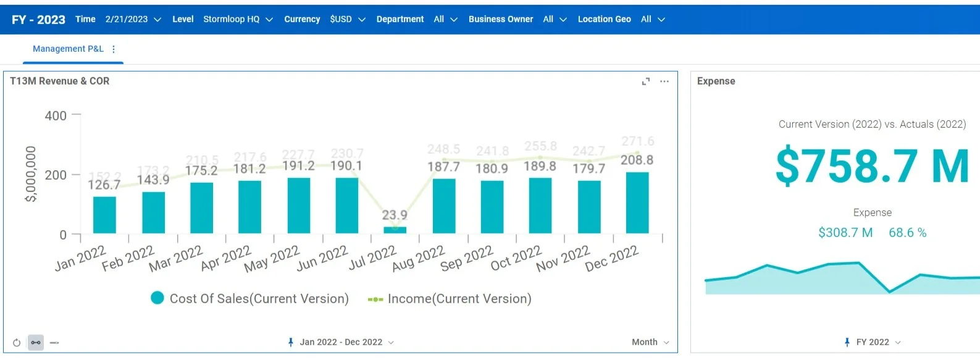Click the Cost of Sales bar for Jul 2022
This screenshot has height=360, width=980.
click(x=395, y=230)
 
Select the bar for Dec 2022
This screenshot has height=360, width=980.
click(x=637, y=203)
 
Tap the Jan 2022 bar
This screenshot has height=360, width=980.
click(x=104, y=215)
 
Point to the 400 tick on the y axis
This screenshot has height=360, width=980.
click(x=56, y=115)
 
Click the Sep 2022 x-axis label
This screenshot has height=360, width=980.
click(x=467, y=259)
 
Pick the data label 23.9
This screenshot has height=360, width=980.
click(x=395, y=215)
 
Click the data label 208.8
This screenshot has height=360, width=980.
click(x=637, y=160)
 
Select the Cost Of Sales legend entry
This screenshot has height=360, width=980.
click(x=250, y=299)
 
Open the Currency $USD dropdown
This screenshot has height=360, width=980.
click(x=348, y=19)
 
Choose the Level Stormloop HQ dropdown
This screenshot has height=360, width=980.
click(x=238, y=19)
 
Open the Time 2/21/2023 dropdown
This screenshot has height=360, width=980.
click(x=133, y=19)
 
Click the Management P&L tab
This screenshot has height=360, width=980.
click(x=68, y=49)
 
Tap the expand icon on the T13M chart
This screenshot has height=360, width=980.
click(x=646, y=82)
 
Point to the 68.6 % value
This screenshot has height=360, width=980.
click(x=907, y=233)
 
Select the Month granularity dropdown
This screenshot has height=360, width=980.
click(x=650, y=342)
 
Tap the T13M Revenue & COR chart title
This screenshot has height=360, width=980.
click(x=60, y=81)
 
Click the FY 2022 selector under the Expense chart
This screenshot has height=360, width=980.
click(x=873, y=342)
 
